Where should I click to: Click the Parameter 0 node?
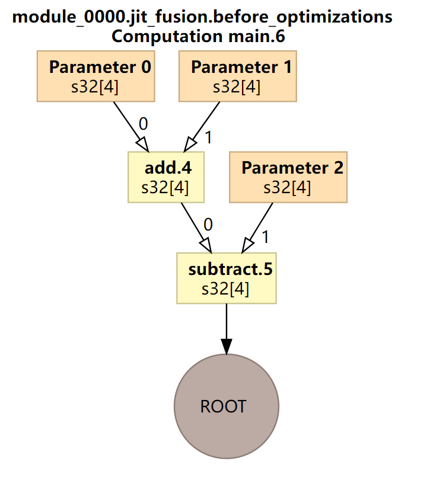(95, 76)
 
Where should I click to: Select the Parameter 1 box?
(237, 76)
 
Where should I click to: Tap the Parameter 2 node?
(288, 177)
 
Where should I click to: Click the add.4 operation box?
(166, 177)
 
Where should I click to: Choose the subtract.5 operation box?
(226, 278)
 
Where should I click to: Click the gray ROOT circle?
(226, 406)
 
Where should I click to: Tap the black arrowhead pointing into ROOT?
(226, 346)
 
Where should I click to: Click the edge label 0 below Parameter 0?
(143, 124)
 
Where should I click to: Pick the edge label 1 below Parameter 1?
(208, 137)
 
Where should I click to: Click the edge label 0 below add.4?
(208, 225)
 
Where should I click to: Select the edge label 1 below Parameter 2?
(265, 237)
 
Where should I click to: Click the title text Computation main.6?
(198, 37)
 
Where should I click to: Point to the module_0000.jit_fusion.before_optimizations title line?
(202, 17)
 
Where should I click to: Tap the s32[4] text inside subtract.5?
(225, 289)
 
